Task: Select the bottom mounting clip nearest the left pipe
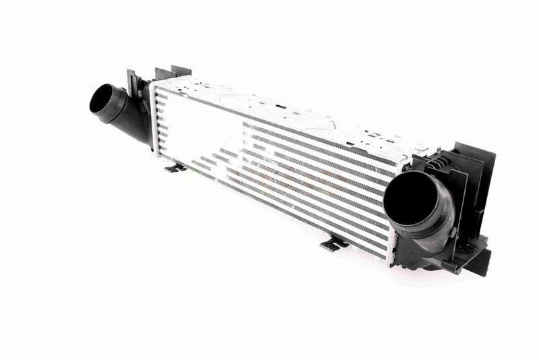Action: pos(173,166)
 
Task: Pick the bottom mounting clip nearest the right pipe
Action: pos(331,243)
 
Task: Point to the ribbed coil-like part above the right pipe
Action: pos(431,161)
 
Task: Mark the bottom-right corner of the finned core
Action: pos(389,258)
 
